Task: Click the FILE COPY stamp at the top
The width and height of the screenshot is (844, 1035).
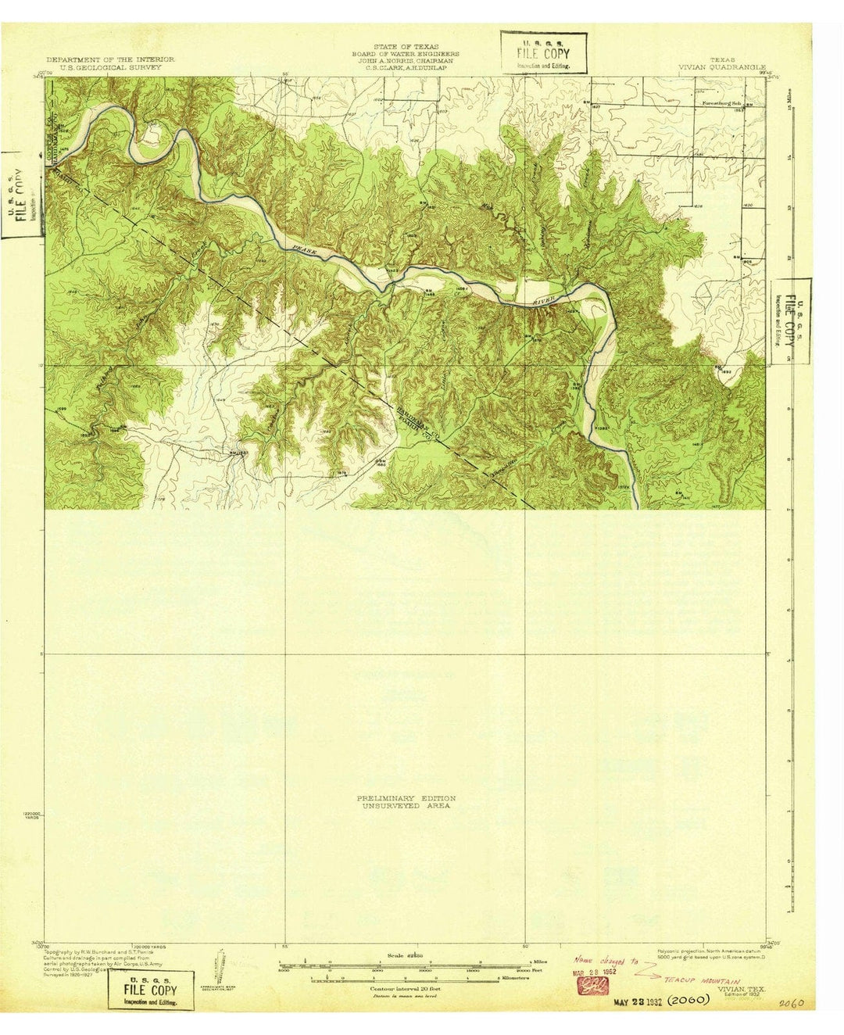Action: [543, 53]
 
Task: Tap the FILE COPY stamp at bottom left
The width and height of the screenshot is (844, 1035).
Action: [152, 990]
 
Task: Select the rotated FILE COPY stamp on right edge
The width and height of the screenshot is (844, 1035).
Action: [791, 321]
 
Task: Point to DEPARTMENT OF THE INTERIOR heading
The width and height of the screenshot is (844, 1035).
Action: [110, 60]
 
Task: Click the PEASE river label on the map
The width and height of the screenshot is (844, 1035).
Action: [300, 252]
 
